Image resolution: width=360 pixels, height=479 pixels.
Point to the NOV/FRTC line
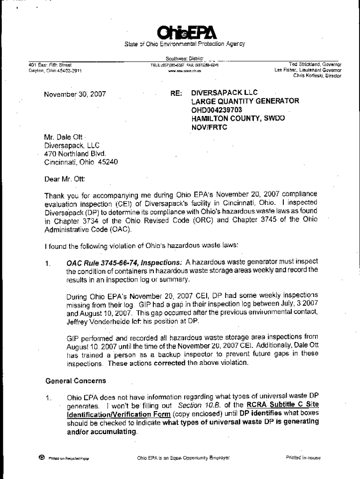tap(209, 127)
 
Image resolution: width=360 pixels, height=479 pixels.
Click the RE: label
tap(176, 93)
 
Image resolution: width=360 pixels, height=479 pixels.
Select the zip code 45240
tap(108, 162)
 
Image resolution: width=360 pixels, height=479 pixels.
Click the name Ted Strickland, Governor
tap(315, 65)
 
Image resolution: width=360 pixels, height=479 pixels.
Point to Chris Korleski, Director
tap(317, 75)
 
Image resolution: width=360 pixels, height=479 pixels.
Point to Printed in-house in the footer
tap(303, 458)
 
